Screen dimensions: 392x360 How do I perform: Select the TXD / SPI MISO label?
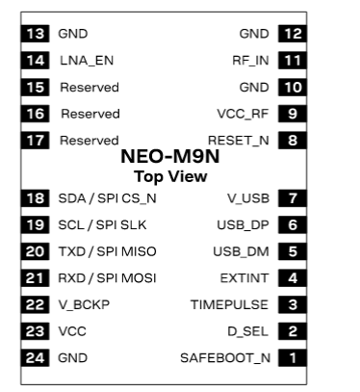point(107,251)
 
